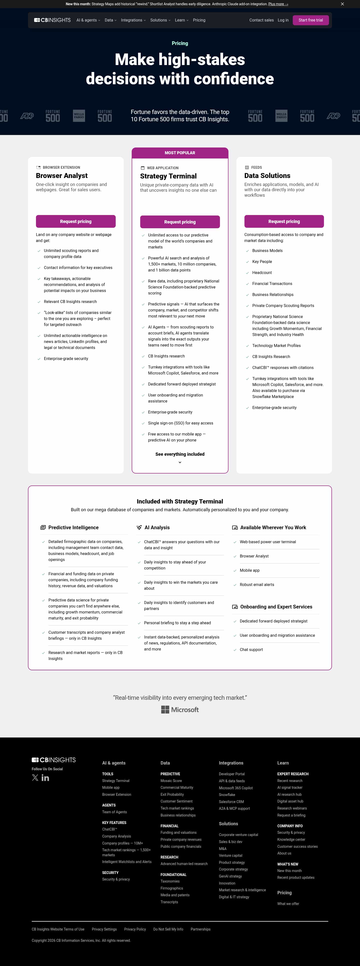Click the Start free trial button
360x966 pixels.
coord(310,20)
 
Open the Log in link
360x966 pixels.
coord(283,20)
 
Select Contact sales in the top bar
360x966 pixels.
coord(261,20)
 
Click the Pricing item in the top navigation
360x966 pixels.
coord(199,20)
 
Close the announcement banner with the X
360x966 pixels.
coord(342,4)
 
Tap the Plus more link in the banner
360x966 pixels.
coord(278,4)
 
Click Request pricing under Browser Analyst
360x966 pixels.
coord(76,221)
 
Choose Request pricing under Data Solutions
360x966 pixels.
coord(284,221)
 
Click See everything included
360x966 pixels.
coord(180,454)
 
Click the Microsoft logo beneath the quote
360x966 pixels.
coord(180,709)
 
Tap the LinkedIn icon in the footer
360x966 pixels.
coord(45,778)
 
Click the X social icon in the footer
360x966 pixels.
coord(35,778)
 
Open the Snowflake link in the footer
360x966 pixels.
coord(227,794)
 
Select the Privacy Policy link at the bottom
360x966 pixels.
coord(135,929)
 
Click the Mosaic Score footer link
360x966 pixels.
coord(171,781)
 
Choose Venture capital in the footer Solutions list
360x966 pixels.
coord(230,855)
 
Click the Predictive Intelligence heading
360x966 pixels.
coord(73,527)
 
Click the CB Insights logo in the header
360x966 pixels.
coord(52,20)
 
